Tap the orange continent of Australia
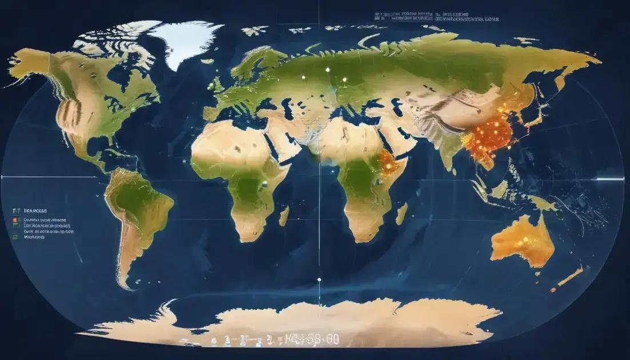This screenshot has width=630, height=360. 523,240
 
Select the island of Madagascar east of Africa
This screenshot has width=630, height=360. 402,213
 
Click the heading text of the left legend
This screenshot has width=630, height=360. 35,210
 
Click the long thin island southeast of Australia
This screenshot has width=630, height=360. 569,277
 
